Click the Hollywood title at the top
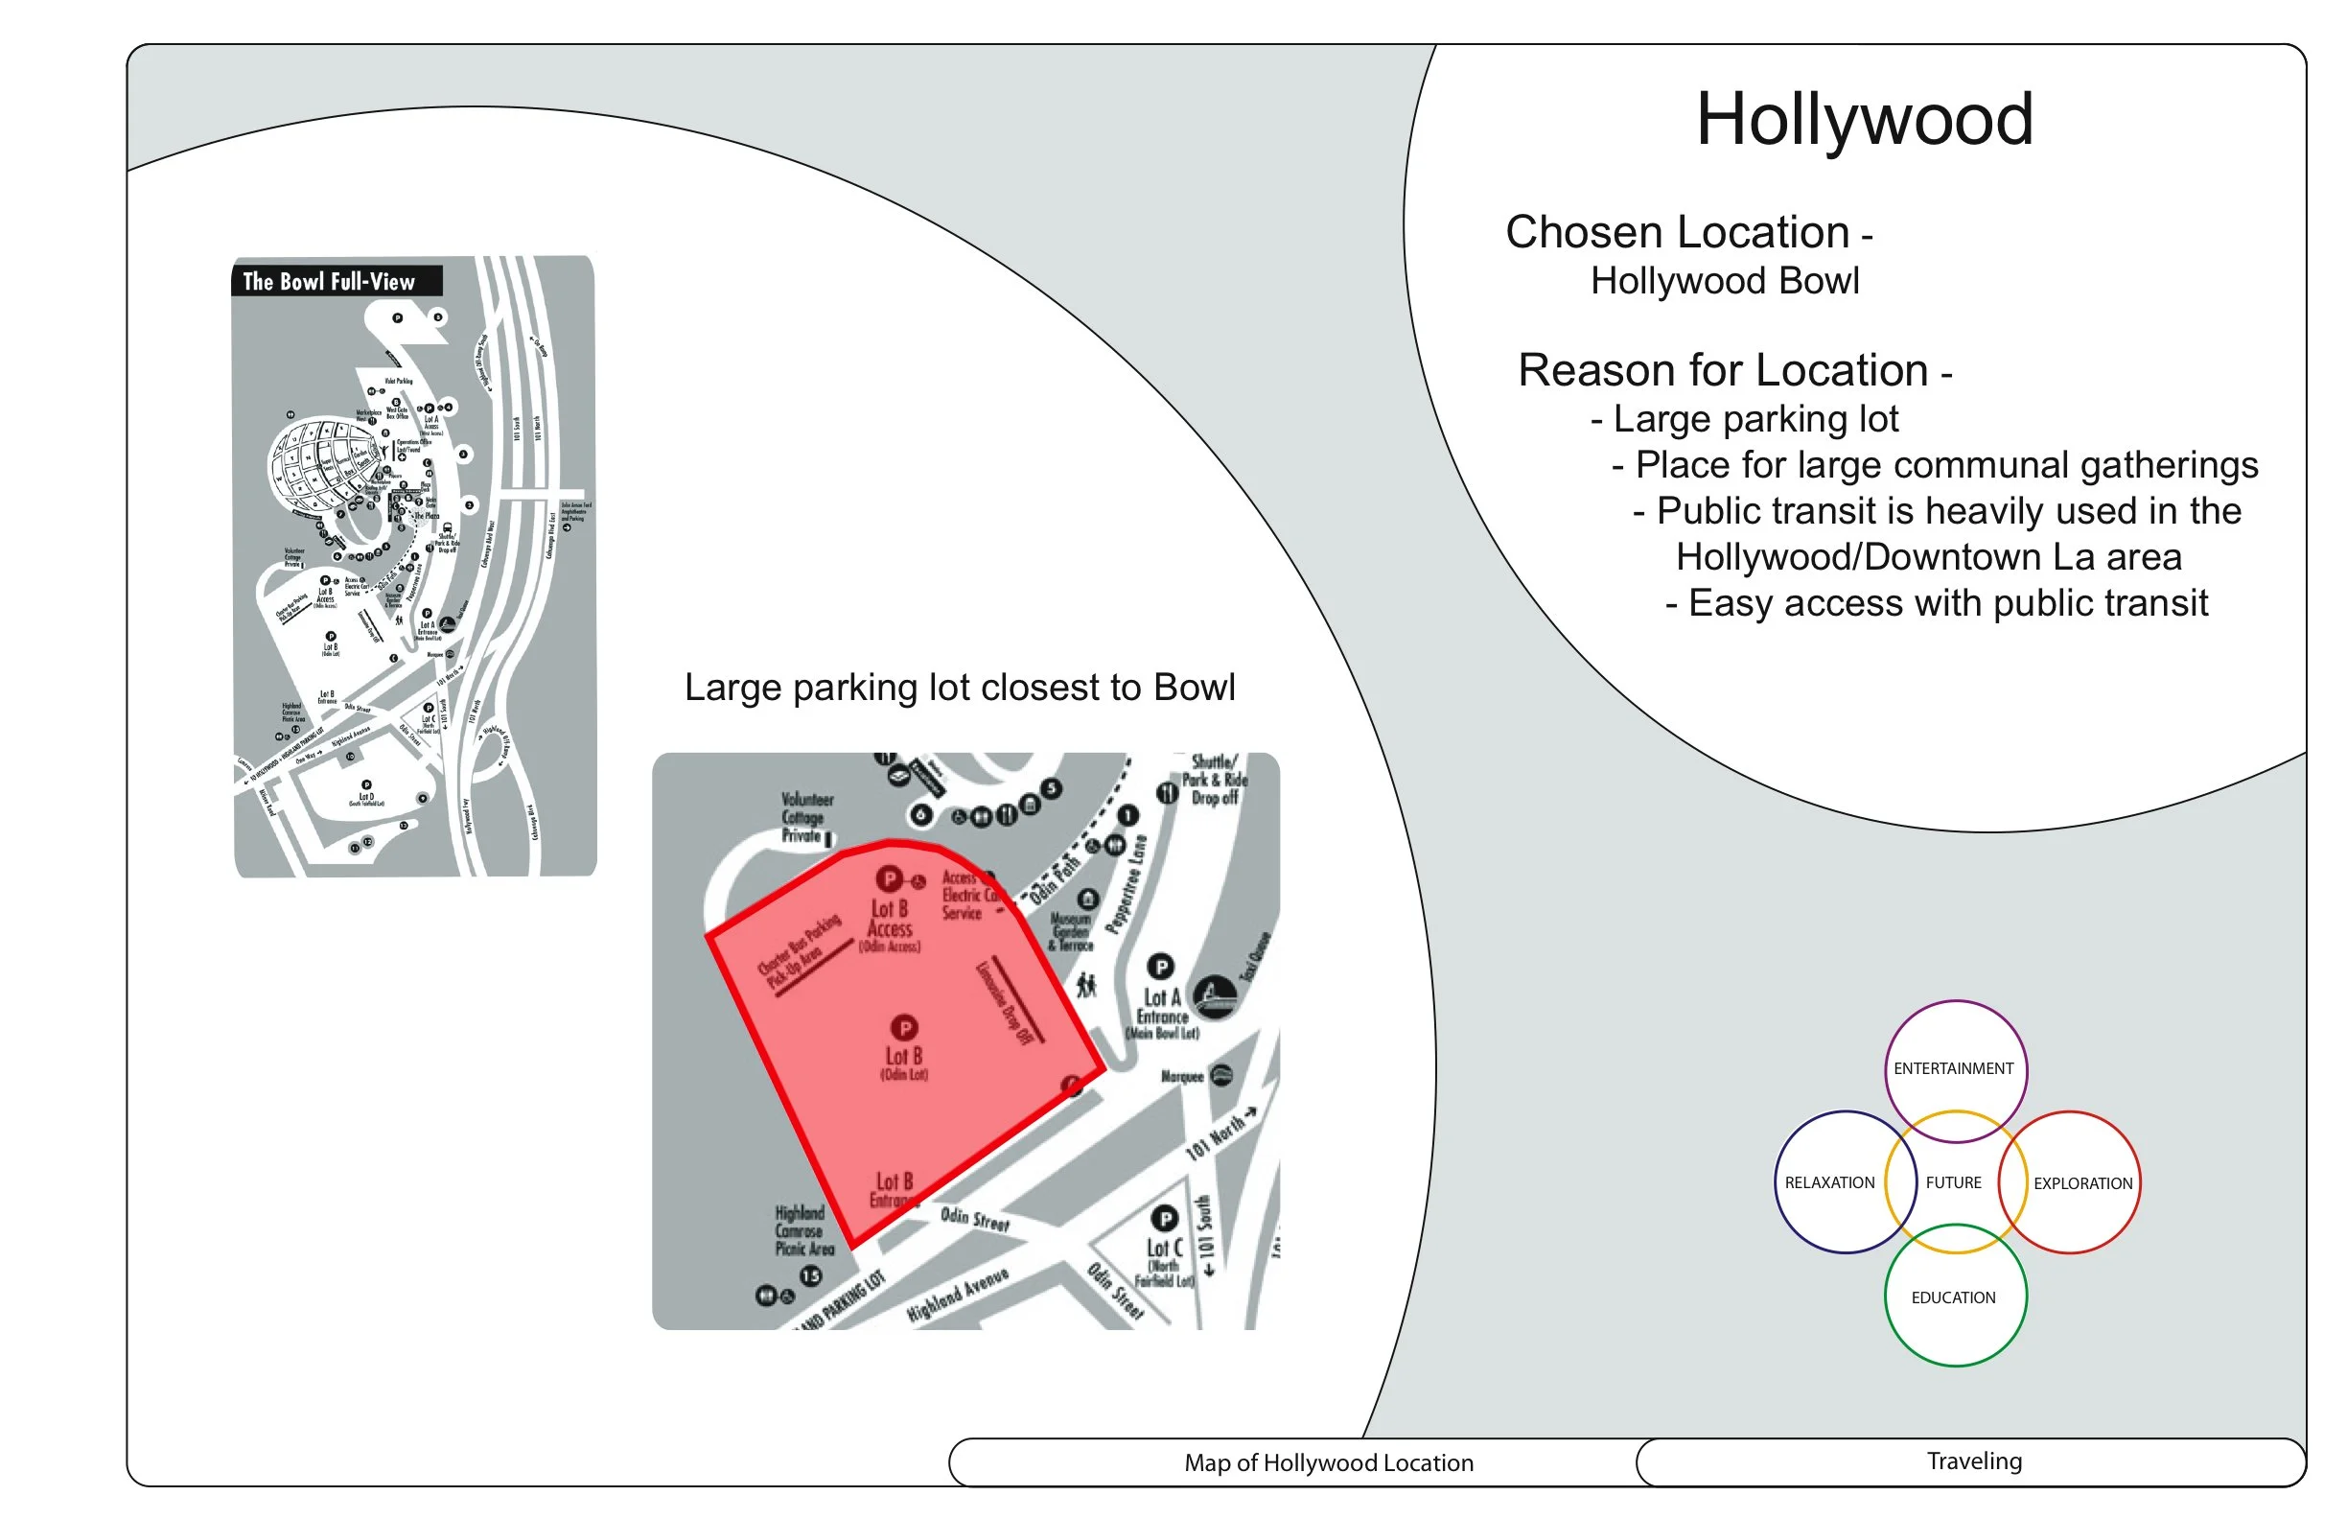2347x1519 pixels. pyautogui.click(x=1864, y=120)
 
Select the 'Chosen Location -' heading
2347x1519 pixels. pyautogui.click(x=1687, y=234)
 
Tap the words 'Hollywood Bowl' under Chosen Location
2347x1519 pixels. pyautogui.click(x=1725, y=282)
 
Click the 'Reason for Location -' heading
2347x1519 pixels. pyautogui.click(x=1733, y=372)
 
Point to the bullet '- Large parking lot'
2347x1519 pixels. pyautogui.click(x=1744, y=420)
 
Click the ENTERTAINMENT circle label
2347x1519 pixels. pyautogui.click(x=1954, y=1069)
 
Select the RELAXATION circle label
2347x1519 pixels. pyautogui.click(x=1829, y=1183)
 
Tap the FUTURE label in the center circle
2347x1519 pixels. pyautogui.click(x=1954, y=1183)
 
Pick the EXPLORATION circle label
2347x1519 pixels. pyautogui.click(x=2082, y=1184)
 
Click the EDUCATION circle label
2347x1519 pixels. pyautogui.click(x=1954, y=1299)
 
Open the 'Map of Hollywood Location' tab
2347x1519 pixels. pyautogui.click(x=1328, y=1463)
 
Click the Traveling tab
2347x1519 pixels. pyautogui.click(x=1974, y=1461)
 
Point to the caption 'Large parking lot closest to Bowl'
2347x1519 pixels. pyautogui.click(x=960, y=689)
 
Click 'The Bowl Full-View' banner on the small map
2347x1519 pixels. pyautogui.click(x=330, y=282)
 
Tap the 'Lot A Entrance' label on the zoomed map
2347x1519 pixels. pyautogui.click(x=1163, y=1008)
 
